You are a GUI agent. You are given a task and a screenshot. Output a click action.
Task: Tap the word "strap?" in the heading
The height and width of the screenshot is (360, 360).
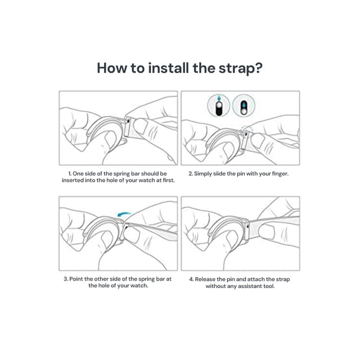(x=241, y=69)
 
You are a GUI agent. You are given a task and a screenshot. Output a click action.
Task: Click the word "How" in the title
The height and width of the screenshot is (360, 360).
(x=111, y=68)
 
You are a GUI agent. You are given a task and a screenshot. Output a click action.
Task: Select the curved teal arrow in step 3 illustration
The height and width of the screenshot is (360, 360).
(x=124, y=214)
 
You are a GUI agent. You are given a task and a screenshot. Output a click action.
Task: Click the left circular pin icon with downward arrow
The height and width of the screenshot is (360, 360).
(x=219, y=106)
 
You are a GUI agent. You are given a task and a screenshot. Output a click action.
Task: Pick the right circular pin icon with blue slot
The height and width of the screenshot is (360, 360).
(x=244, y=106)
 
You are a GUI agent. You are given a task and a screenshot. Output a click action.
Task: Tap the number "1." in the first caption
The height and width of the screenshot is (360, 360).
(x=70, y=174)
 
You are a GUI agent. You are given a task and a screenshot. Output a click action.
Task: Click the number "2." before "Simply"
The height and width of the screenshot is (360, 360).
(x=191, y=174)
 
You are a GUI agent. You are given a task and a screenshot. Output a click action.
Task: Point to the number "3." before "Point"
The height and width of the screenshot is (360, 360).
(x=66, y=279)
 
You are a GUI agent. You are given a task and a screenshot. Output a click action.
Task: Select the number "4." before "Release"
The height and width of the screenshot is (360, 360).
(x=191, y=279)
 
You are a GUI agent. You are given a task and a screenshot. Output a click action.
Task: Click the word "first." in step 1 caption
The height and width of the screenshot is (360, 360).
(x=169, y=181)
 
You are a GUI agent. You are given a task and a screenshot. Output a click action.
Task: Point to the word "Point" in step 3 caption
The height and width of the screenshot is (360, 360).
(x=76, y=279)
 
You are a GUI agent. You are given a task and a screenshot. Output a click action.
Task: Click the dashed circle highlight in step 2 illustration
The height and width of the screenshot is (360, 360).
(x=247, y=130)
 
